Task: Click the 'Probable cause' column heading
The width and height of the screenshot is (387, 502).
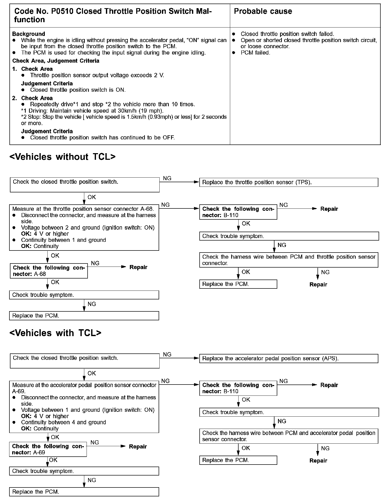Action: click(x=263, y=11)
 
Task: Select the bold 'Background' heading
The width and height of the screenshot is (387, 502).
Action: click(x=29, y=34)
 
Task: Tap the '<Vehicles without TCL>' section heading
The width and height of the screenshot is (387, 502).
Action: click(x=62, y=157)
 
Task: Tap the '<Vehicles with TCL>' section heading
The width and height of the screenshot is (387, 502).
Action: click(x=55, y=333)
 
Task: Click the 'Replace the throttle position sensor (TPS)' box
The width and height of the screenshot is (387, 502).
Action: click(x=288, y=182)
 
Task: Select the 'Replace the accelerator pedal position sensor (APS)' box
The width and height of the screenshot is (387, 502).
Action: click(x=288, y=359)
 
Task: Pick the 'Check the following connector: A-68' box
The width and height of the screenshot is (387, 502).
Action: click(x=49, y=271)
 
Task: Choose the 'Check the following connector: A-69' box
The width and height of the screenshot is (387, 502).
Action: click(x=48, y=450)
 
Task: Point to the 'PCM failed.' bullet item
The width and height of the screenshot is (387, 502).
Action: click(x=255, y=53)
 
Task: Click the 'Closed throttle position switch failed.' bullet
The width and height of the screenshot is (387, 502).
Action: click(x=287, y=34)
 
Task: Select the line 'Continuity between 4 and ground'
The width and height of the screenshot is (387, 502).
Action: click(x=63, y=422)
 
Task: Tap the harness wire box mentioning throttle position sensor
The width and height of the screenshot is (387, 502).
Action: click(x=288, y=260)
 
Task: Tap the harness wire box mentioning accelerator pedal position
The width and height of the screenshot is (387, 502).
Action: click(x=288, y=436)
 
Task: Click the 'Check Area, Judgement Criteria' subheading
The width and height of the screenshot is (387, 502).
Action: click(x=56, y=61)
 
